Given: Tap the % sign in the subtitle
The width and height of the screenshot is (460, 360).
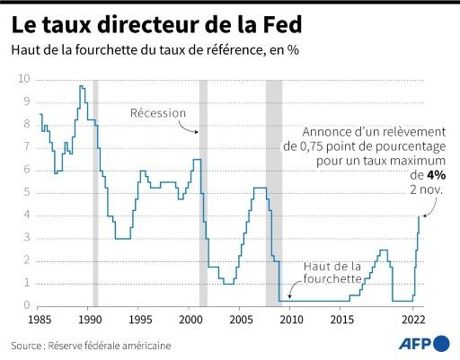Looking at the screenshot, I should tap(293, 49).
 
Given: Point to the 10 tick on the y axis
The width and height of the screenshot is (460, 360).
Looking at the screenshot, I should tap(24, 79).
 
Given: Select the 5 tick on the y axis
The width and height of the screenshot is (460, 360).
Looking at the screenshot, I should tap(27, 192).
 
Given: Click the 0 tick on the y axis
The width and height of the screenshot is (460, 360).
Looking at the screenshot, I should tap(27, 305).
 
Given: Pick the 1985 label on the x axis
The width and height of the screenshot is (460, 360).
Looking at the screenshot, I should tap(40, 320).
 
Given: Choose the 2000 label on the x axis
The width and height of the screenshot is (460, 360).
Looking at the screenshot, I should tap(190, 320).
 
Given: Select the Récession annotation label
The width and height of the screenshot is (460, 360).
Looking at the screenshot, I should tap(158, 113).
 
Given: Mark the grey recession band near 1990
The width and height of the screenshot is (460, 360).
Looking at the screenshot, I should tap(95, 192).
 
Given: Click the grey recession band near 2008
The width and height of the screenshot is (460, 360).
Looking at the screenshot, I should tap(273, 192).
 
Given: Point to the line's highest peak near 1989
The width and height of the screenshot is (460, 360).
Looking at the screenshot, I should tap(82, 86).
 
